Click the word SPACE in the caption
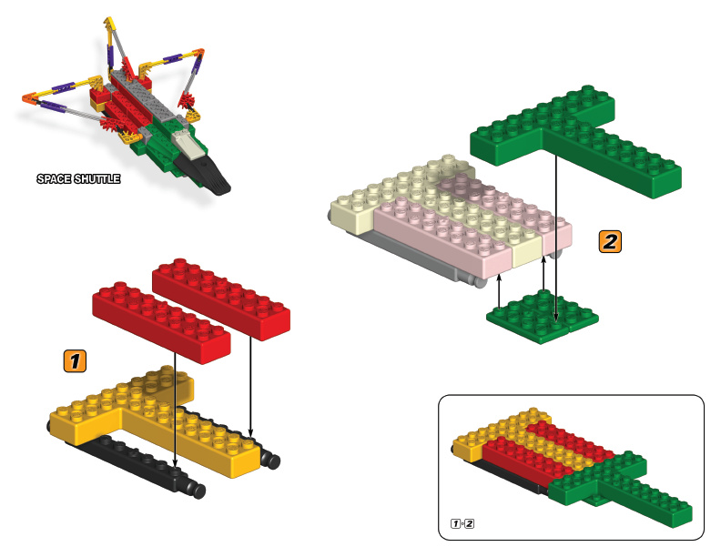(x=54, y=178)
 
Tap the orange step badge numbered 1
(x=75, y=360)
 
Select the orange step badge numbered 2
(x=610, y=242)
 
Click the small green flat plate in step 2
(x=543, y=317)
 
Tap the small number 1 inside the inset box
(x=456, y=523)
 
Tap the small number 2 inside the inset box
(x=469, y=523)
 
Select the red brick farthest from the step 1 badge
(x=221, y=299)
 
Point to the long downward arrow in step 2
(x=556, y=238)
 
